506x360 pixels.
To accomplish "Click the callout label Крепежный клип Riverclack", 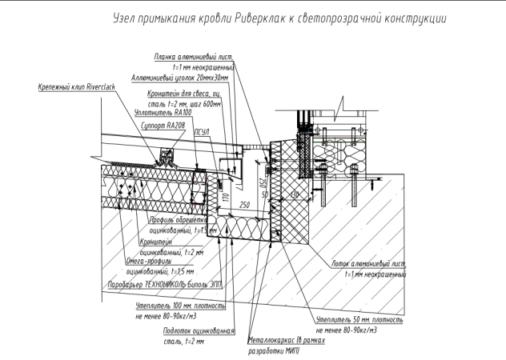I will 76,86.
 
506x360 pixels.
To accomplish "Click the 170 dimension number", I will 227,195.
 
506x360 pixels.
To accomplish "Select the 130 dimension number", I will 295,194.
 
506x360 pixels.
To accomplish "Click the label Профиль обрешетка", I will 179,220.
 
